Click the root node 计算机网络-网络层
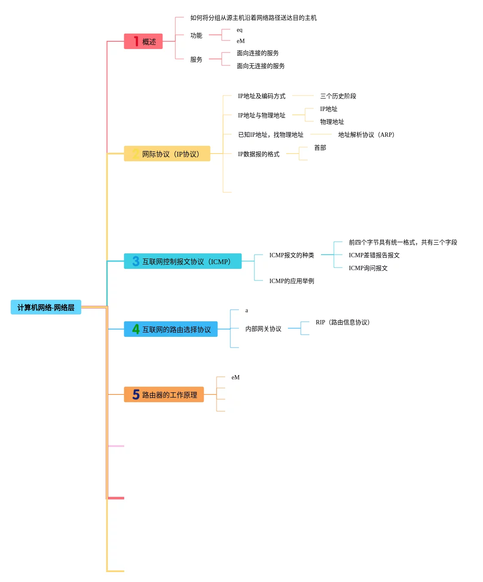46,307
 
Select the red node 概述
143,41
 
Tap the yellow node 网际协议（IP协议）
167,154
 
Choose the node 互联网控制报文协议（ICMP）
183,261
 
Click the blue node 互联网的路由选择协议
171,329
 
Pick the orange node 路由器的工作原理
164,394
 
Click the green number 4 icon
136,329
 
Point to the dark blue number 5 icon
136,394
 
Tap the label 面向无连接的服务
260,66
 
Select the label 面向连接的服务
257,53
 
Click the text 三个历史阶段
338,96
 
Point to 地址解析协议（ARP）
366,135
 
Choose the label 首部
320,148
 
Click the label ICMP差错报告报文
374,255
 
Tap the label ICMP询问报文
368,268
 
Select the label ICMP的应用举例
291,281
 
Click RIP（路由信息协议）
342,322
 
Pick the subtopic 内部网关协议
263,329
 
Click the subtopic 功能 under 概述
196,35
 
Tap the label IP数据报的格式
258,154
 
